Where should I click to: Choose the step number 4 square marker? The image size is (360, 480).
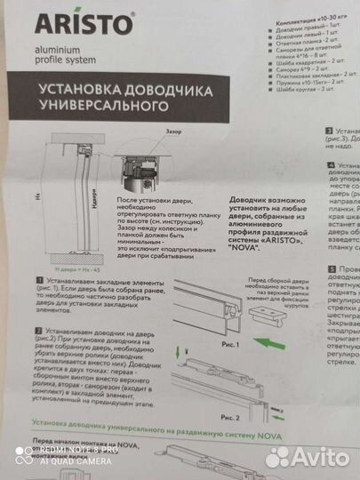[332, 165]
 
